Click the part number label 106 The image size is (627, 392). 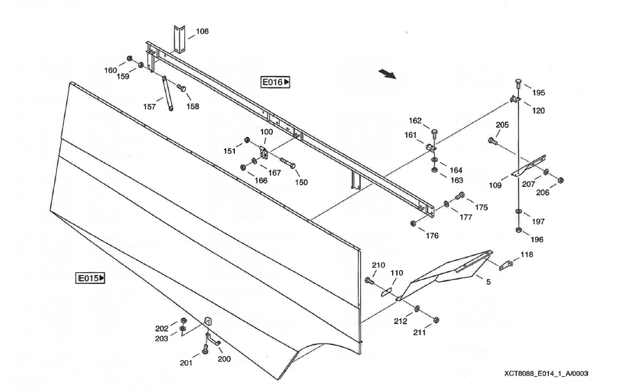click(x=202, y=31)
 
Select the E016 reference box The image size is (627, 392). click(x=276, y=82)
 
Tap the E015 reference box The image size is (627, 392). click(x=90, y=278)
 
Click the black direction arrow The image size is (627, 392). click(x=387, y=73)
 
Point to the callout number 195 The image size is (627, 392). click(x=538, y=93)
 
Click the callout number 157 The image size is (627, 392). click(x=149, y=107)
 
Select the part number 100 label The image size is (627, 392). click(x=266, y=131)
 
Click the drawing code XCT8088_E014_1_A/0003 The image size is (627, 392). click(x=546, y=374)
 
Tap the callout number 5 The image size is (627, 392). click(x=488, y=282)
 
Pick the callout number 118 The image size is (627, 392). click(x=527, y=255)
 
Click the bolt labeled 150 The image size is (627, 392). click(x=292, y=166)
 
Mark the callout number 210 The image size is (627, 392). click(x=378, y=265)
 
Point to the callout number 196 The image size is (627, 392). click(x=537, y=239)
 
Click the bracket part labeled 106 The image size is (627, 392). click(x=179, y=39)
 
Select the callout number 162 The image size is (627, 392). click(x=415, y=121)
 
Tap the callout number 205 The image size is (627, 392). click(x=502, y=125)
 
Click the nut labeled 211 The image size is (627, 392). click(x=435, y=319)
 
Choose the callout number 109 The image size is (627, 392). click(x=495, y=186)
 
